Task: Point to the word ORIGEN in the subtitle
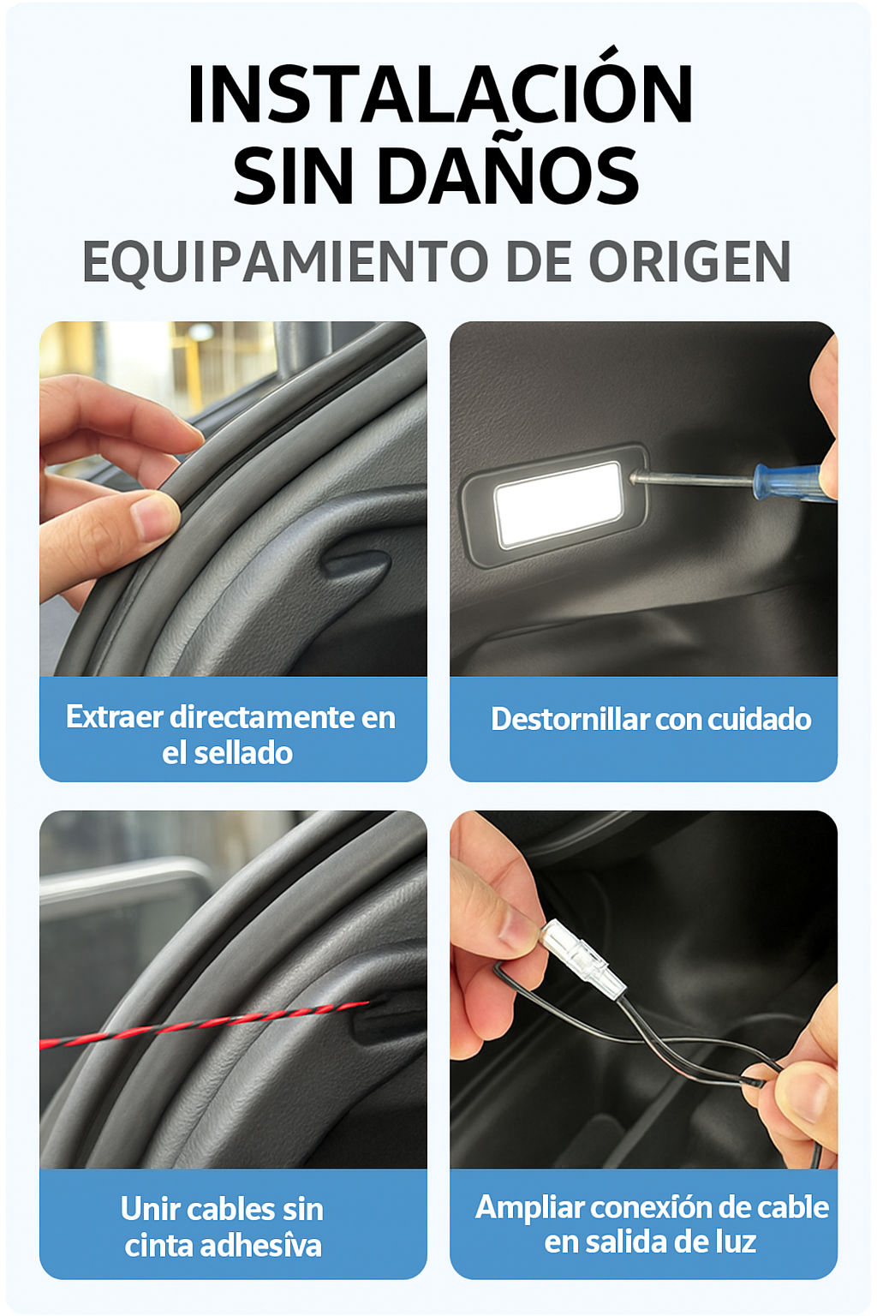pos(689,260)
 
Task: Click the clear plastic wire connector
pos(582,957)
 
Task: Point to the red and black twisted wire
pos(204,1025)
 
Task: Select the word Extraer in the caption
pos(115,717)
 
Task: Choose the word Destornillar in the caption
pos(570,719)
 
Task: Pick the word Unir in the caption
pos(146,1209)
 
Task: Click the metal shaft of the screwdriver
pos(692,480)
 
